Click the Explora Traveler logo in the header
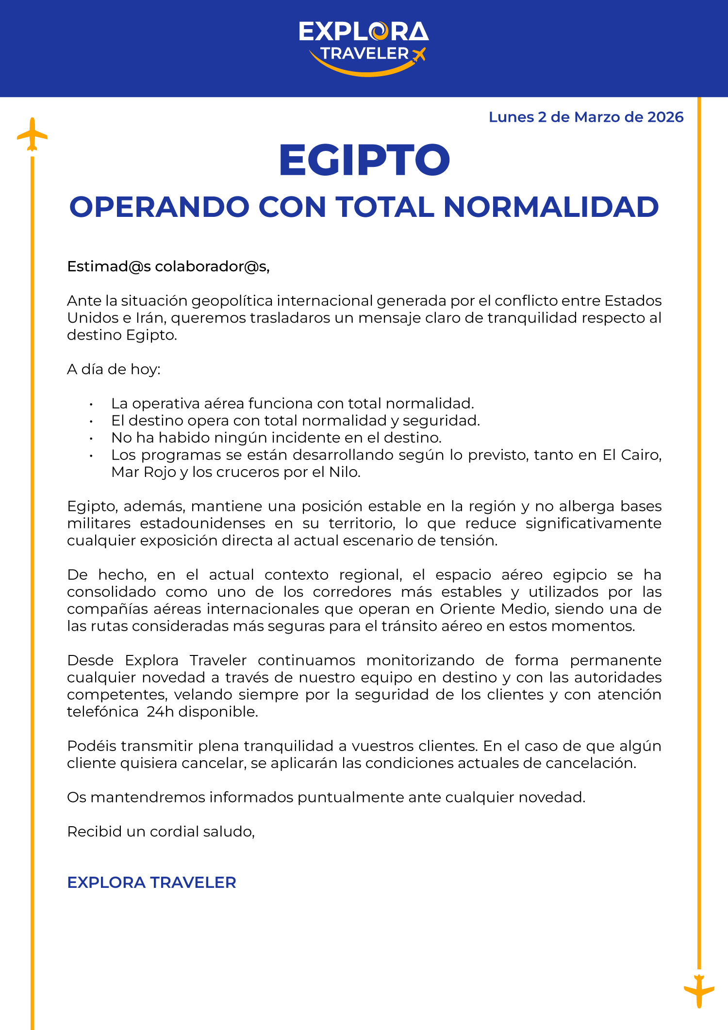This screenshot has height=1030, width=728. (364, 48)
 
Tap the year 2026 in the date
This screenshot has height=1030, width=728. (665, 117)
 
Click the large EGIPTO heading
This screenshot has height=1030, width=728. (364, 160)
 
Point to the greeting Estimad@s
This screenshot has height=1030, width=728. (109, 266)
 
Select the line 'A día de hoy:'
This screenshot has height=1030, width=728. (114, 369)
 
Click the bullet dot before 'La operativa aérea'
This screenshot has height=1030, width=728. (91, 404)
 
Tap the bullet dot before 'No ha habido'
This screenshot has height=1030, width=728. (91, 439)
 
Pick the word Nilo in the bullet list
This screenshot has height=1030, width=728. (344, 472)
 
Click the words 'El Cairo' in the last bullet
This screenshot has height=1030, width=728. (631, 455)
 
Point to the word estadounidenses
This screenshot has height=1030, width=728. (202, 523)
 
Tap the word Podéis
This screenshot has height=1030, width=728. (92, 746)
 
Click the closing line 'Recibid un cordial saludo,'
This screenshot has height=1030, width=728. (161, 832)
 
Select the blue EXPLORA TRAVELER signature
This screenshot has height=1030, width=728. (151, 883)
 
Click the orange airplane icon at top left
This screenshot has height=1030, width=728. (32, 134)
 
